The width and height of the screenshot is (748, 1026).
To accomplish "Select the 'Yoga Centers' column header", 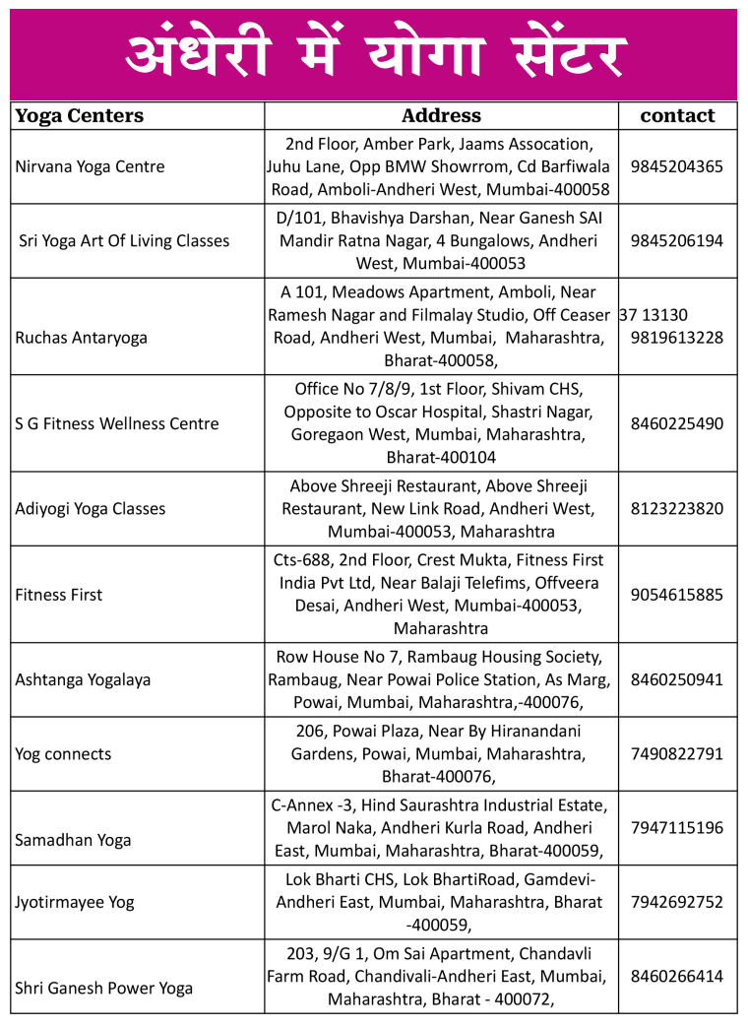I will (80, 116).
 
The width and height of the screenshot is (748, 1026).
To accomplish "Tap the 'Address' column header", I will (441, 116).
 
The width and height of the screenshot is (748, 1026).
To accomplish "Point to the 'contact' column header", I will (677, 116).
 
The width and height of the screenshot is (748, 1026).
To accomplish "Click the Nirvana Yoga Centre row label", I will (91, 167).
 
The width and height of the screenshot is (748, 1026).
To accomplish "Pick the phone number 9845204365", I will (677, 167).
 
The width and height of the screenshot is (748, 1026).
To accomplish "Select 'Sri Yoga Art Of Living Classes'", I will (124, 241).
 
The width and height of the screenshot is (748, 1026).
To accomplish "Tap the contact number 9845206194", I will (677, 241).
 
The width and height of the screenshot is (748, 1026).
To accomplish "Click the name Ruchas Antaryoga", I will (82, 338).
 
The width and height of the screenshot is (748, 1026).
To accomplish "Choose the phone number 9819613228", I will (677, 338).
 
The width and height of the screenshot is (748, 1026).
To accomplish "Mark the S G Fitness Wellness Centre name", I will (117, 424).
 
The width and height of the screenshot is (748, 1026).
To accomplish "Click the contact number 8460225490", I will (677, 424).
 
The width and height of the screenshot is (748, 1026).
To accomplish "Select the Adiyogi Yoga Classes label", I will (91, 509).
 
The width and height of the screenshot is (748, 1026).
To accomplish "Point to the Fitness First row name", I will (59, 595).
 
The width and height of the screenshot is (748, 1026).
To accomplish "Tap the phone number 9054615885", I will (677, 595).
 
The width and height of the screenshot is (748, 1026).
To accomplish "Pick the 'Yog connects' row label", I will (64, 755).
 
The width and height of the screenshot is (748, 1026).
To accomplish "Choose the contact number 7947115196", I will (677, 828).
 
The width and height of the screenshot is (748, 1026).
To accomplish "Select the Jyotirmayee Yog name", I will (75, 903).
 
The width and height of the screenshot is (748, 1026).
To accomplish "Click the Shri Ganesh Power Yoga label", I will (104, 989).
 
